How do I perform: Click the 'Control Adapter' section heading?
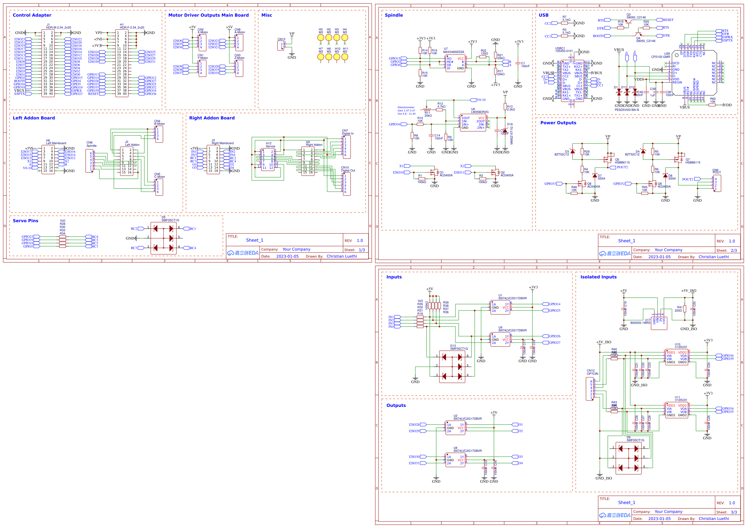tap(32, 15)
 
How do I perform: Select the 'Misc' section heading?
tap(267, 15)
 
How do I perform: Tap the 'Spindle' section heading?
tap(393, 15)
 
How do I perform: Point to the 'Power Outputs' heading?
tap(558, 123)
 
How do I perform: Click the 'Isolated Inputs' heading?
tap(598, 277)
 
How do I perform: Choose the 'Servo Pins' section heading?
tap(25, 221)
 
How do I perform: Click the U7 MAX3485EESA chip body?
tap(455, 63)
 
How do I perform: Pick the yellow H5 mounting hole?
tap(320, 38)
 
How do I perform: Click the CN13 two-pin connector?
tap(280, 45)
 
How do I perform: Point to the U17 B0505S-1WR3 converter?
tap(659, 323)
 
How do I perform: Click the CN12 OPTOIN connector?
tap(589, 388)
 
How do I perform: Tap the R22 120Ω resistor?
tap(482, 57)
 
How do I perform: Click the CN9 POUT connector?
tap(717, 183)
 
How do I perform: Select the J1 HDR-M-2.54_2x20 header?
tap(48, 63)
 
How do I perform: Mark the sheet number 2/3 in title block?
tap(733, 251)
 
